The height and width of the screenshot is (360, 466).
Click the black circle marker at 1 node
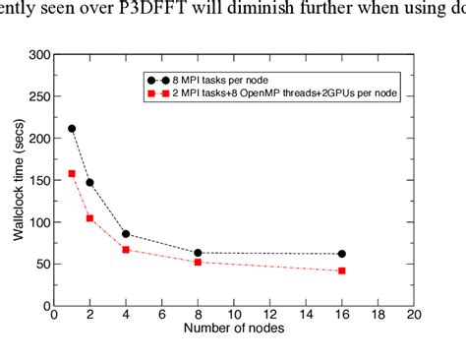72,129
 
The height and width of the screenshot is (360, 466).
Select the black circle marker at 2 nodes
89,182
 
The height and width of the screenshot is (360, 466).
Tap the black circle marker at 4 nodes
126,234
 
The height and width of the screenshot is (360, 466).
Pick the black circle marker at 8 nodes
198,253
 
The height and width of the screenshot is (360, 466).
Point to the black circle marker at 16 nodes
341,254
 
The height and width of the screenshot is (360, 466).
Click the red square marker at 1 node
72,173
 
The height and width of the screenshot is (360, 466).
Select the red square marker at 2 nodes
89,217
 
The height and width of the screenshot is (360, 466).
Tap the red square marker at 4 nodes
126,250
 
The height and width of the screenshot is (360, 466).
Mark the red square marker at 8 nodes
198,262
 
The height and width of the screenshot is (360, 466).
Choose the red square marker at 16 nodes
341,270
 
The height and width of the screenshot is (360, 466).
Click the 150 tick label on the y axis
39,181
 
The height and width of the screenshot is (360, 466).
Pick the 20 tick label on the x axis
413,315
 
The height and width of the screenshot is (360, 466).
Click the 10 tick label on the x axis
233,315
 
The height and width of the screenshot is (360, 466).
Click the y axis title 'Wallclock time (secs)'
15,180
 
